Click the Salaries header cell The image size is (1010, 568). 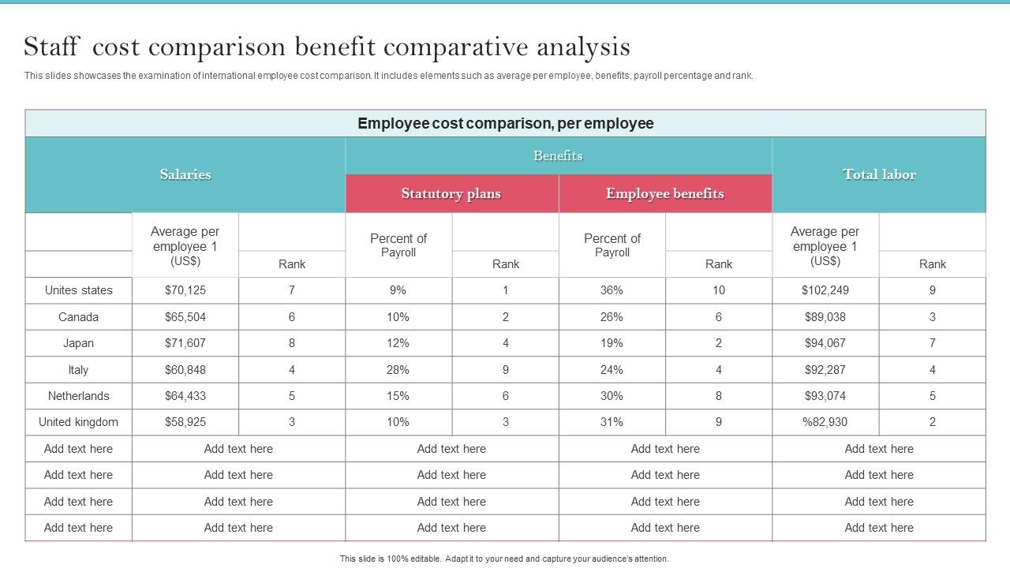point(185,174)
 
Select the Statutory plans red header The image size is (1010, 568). point(451,193)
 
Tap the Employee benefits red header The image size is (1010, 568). point(664,193)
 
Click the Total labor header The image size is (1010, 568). point(878,174)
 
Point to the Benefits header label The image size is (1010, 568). point(558,155)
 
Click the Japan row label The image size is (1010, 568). point(78,343)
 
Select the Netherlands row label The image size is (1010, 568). point(78,396)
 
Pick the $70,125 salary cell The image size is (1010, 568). point(185,290)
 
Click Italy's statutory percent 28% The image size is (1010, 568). point(398,369)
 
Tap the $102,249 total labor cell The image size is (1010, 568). point(825,290)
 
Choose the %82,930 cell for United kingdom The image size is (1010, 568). point(825,422)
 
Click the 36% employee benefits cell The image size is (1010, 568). point(612,290)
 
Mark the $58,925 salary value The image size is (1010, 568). point(185,422)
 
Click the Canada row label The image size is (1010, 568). point(78,317)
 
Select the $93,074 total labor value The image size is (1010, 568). point(825,396)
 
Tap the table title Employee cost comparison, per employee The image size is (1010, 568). point(505,123)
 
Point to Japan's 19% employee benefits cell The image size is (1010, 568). point(612,343)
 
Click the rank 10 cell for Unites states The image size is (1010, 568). point(718,290)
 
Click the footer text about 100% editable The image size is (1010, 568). point(503,559)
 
